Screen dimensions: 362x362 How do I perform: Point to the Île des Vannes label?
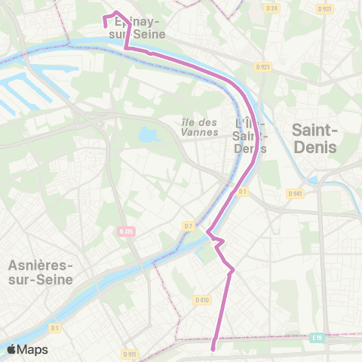(x=200, y=127)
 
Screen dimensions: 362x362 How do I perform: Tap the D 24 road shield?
(x=272, y=8)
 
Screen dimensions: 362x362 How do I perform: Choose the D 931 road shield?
(x=325, y=8)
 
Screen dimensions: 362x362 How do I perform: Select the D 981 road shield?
(x=295, y=194)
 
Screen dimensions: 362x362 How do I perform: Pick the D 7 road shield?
(x=189, y=225)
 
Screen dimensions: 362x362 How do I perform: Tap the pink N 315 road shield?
(x=126, y=232)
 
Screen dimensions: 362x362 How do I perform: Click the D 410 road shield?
(x=201, y=299)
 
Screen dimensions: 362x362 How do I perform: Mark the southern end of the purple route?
(x=213, y=348)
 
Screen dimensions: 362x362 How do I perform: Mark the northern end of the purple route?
(x=105, y=24)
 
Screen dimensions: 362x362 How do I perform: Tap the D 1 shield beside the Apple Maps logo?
(x=55, y=327)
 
